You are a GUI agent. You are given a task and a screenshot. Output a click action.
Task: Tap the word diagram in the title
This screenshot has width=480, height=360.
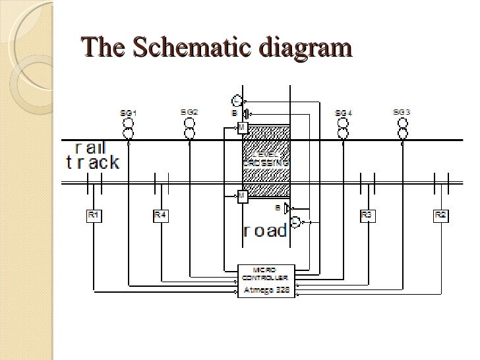305,47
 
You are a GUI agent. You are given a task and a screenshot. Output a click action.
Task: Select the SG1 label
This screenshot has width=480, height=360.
129,113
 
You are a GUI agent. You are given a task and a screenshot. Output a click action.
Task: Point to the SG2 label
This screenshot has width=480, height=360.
189,113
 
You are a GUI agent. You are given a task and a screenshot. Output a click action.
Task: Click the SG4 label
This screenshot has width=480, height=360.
344,113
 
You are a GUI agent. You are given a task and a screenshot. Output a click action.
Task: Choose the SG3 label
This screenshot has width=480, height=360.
402,113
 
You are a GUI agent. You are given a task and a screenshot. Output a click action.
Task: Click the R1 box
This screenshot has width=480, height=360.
93,215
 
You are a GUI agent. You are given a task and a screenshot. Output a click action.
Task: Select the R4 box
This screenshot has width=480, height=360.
160,215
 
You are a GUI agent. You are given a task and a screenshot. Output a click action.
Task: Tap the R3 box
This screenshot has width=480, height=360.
367,215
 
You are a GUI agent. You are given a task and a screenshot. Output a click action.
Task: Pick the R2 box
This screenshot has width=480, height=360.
440,215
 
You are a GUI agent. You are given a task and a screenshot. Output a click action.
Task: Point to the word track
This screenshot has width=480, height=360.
93,162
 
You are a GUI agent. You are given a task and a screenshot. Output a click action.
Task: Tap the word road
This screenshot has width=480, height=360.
265,230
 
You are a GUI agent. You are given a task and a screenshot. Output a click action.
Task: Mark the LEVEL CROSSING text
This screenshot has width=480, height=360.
266,158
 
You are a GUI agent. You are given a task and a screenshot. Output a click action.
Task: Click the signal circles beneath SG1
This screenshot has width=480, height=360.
129,128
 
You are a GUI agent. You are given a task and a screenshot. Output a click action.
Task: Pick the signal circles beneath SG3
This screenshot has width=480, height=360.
402,128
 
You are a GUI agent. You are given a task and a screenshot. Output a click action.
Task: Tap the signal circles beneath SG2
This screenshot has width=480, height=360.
189,128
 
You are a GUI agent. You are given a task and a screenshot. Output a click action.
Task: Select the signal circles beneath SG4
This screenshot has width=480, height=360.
343,128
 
